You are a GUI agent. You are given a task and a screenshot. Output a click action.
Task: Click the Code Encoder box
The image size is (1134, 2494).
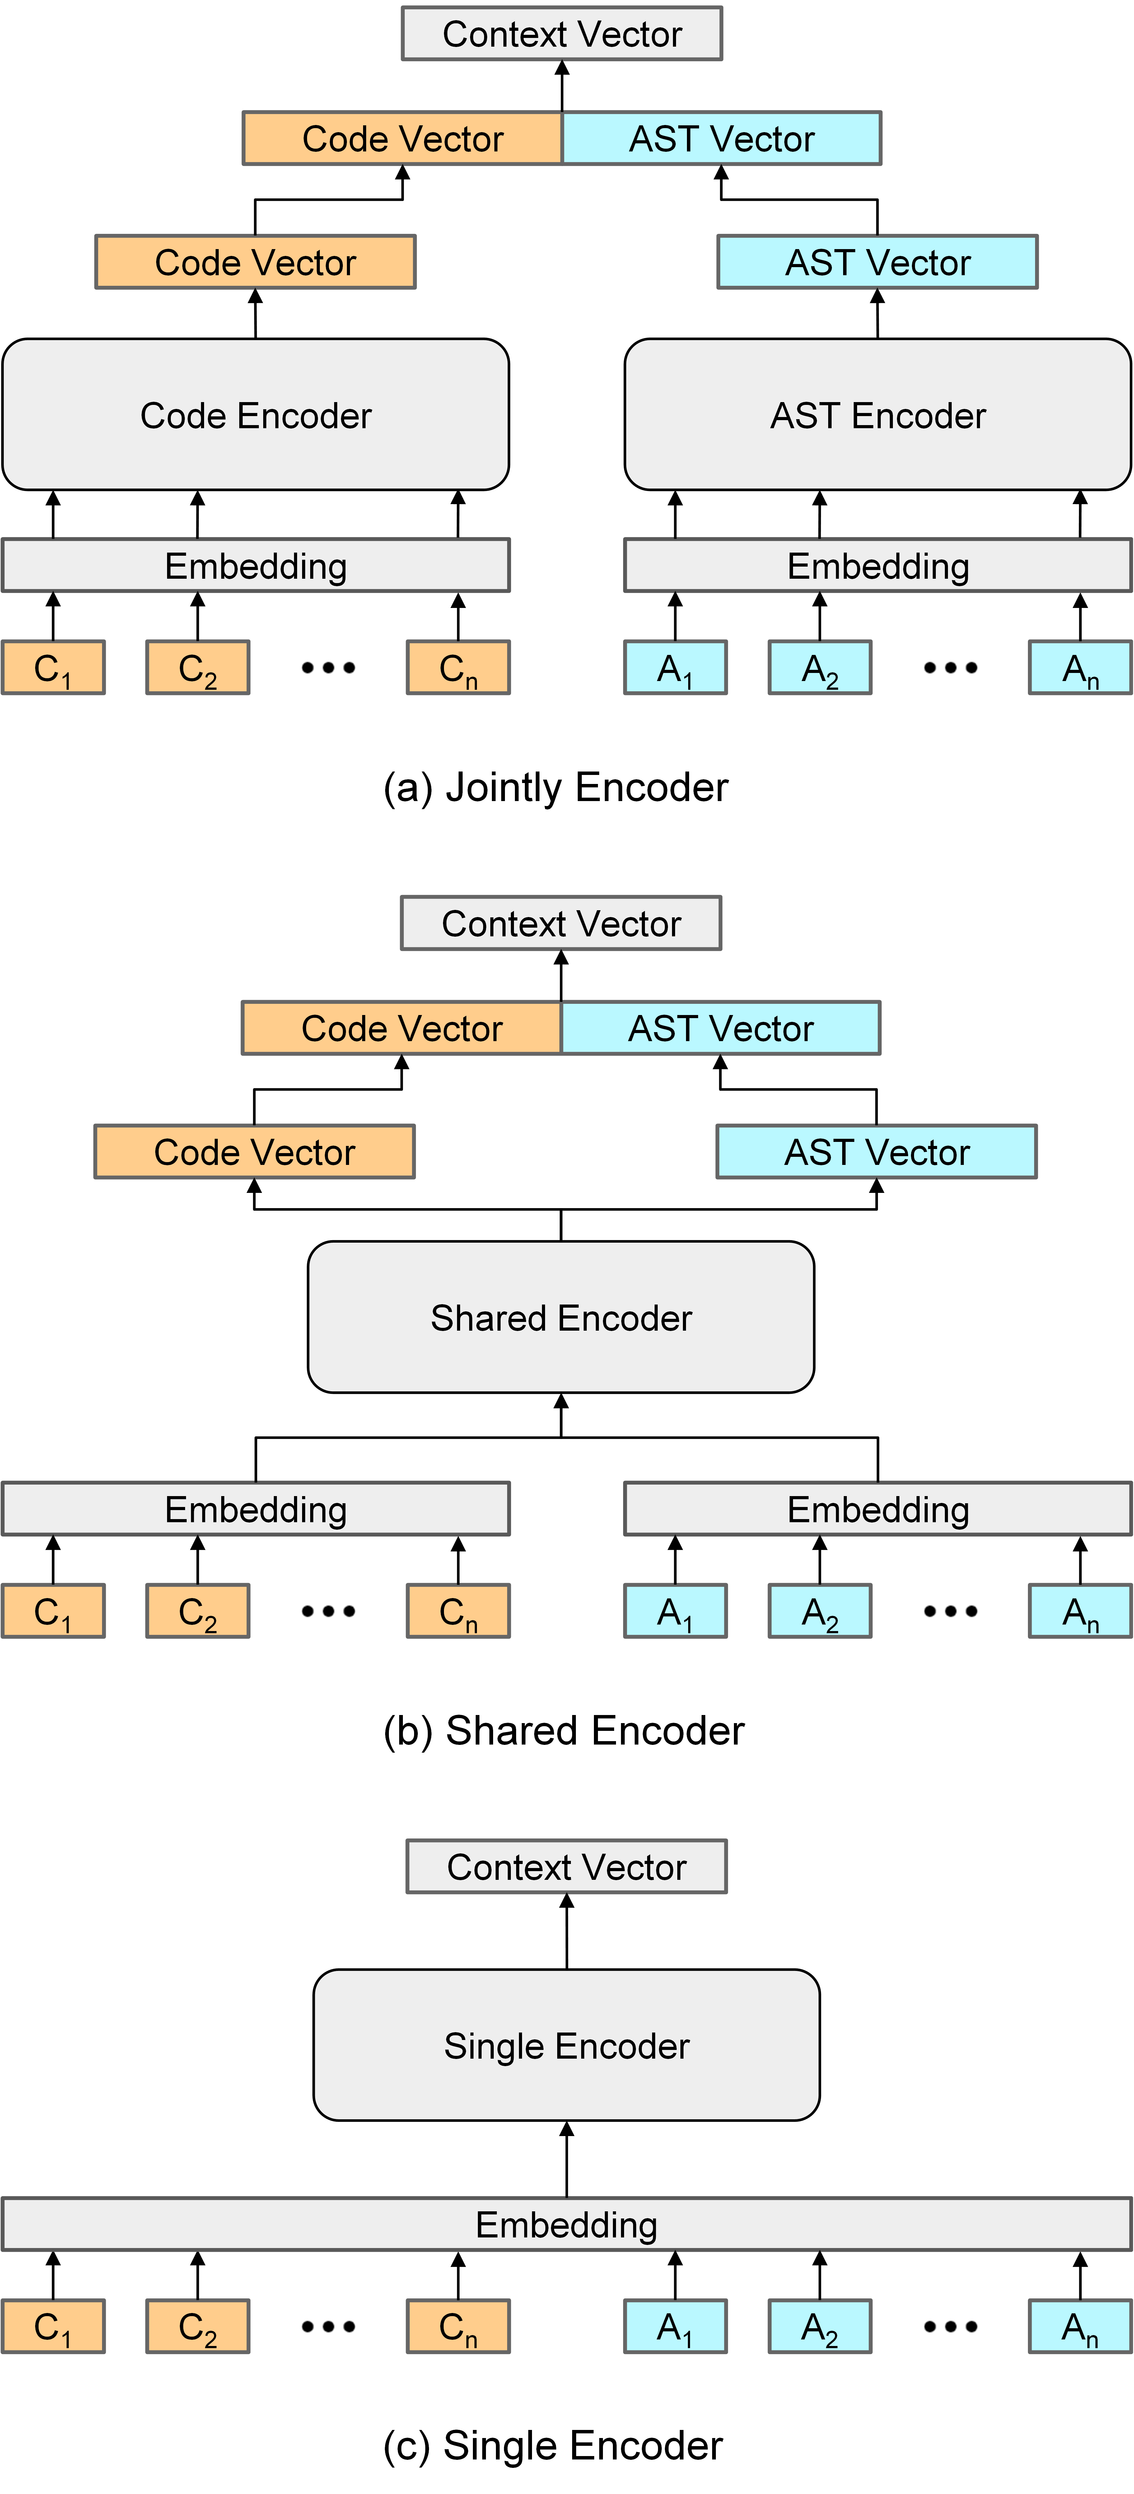pyautogui.click(x=256, y=415)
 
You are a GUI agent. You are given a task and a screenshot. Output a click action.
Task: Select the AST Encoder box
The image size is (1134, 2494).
pyautogui.click(x=877, y=415)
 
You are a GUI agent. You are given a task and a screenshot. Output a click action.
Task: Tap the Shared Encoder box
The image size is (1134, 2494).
pyautogui.click(x=561, y=1317)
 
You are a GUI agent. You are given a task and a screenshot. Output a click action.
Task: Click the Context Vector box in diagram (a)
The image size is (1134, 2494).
pyautogui.click(x=562, y=34)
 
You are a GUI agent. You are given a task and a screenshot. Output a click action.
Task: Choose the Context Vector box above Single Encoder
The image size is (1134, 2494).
pyautogui.click(x=567, y=1867)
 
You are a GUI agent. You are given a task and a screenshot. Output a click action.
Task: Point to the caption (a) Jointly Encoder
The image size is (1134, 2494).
pyautogui.click(x=556, y=787)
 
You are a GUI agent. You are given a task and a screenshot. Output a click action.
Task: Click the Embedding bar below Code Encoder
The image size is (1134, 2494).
pyautogui.click(x=256, y=565)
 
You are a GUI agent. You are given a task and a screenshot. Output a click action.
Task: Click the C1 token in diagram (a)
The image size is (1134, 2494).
pyautogui.click(x=53, y=667)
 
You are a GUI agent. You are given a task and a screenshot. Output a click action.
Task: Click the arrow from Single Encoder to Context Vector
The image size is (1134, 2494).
pyautogui.click(x=567, y=1931)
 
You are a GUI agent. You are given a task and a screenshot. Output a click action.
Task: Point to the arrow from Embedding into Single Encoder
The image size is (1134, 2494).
pyautogui.click(x=567, y=2159)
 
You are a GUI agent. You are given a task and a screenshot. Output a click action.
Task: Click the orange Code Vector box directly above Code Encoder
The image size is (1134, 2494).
pyautogui.click(x=256, y=262)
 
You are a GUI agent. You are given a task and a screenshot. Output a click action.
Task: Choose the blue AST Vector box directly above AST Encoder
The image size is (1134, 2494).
pyautogui.click(x=877, y=262)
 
